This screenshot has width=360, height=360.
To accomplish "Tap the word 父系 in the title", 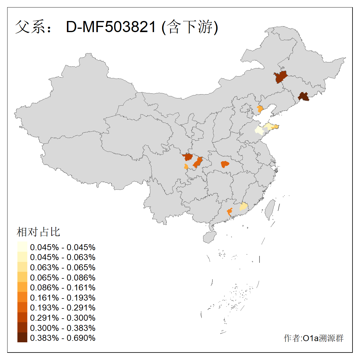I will (x=30, y=27).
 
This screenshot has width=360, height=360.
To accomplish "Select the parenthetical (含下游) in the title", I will (x=190, y=27).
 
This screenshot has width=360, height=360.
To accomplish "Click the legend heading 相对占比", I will (x=38, y=232).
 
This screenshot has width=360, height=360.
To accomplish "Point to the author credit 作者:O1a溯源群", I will (x=313, y=338).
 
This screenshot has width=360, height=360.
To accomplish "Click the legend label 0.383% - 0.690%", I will (x=63, y=338).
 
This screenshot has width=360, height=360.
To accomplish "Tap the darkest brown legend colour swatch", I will (x=22, y=337).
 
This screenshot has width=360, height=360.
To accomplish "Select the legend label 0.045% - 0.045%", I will (x=63, y=247).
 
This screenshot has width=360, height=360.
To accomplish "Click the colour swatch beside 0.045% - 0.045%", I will (x=22, y=247).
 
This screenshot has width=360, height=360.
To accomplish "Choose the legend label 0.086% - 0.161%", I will (x=63, y=287).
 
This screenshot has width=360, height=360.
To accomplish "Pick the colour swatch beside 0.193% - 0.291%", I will (x=22, y=307).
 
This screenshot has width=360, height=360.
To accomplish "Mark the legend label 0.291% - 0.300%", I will (x=63, y=318).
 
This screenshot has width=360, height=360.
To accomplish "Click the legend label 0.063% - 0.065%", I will (x=63, y=267).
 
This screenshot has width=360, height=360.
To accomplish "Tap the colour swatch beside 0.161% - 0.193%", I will (x=22, y=297).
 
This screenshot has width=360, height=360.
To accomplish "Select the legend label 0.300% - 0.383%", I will (x=63, y=328).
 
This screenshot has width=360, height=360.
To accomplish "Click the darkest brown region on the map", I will (x=304, y=97).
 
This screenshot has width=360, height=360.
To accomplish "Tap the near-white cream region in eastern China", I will (x=259, y=130).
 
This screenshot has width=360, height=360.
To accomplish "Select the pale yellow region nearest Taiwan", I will (x=244, y=206).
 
